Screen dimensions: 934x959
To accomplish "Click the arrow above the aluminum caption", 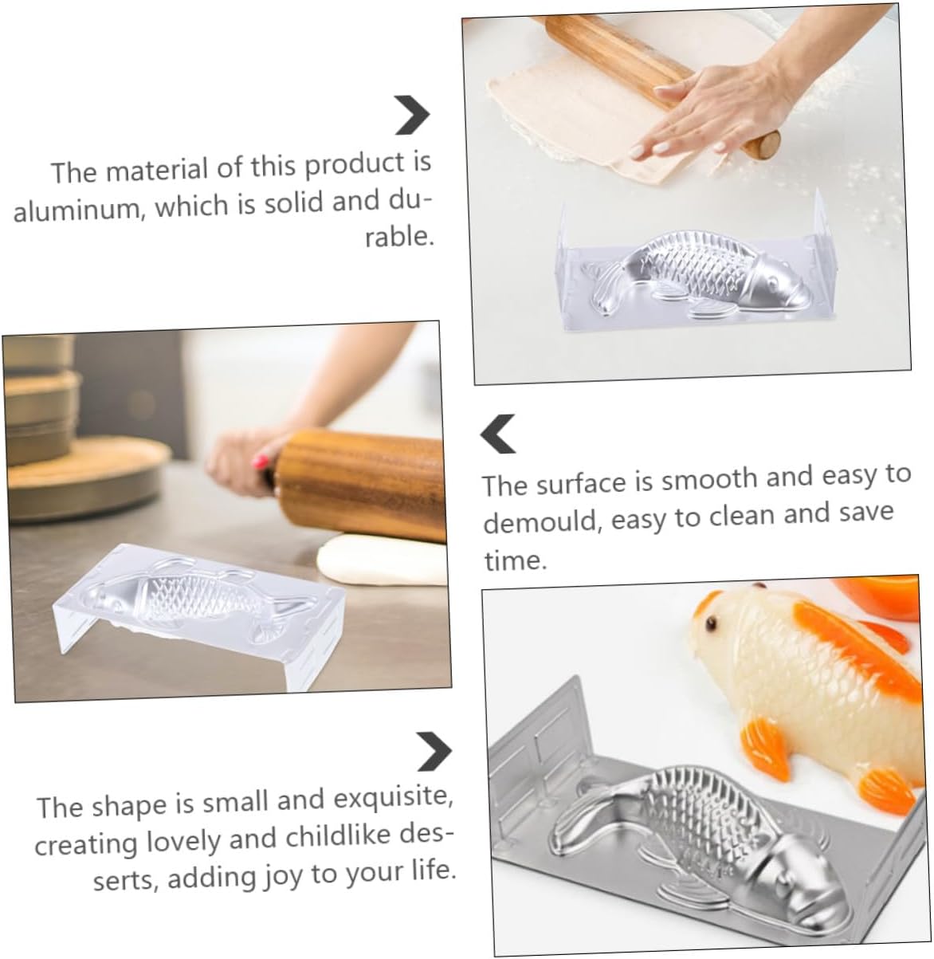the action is tap(412, 115).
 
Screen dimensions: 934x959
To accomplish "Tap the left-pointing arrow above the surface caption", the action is tap(498, 434).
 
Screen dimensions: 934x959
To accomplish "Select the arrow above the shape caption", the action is tap(434, 752).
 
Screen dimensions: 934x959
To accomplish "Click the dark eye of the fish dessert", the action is tap(712, 624).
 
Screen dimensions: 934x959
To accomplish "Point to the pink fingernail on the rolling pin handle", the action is tap(261, 462).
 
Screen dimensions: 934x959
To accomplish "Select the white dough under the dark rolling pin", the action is tap(382, 560).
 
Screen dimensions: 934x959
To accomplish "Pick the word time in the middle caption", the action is tap(516, 560).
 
